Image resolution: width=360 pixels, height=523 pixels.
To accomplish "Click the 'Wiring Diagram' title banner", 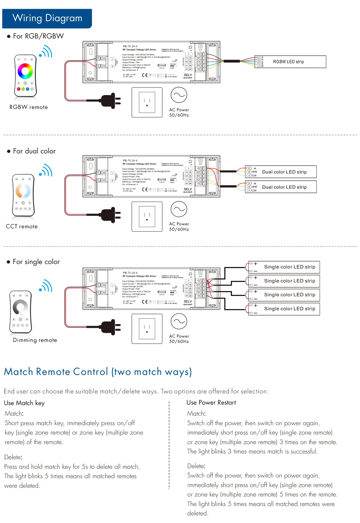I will [47, 18].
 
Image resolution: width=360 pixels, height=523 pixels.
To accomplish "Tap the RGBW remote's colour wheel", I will [25, 71].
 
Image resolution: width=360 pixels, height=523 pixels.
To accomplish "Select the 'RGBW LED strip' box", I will [290, 62].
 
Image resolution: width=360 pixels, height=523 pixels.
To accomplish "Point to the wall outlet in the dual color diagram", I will [147, 216].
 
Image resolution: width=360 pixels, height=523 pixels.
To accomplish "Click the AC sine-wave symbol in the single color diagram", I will [179, 322].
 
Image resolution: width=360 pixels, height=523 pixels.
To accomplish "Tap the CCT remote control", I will [23, 195].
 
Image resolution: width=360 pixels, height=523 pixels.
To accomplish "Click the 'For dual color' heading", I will [34, 151].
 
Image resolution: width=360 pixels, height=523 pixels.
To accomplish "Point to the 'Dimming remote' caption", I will [35, 340].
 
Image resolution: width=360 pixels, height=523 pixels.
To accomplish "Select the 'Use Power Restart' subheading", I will [211, 403].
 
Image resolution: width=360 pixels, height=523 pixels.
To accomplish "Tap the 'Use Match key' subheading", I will [24, 403].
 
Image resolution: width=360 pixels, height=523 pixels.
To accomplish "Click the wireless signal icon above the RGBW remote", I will [46, 52].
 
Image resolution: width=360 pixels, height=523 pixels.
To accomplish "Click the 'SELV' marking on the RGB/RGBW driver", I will [188, 75].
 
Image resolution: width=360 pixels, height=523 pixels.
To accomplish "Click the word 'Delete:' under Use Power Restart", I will [196, 466].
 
